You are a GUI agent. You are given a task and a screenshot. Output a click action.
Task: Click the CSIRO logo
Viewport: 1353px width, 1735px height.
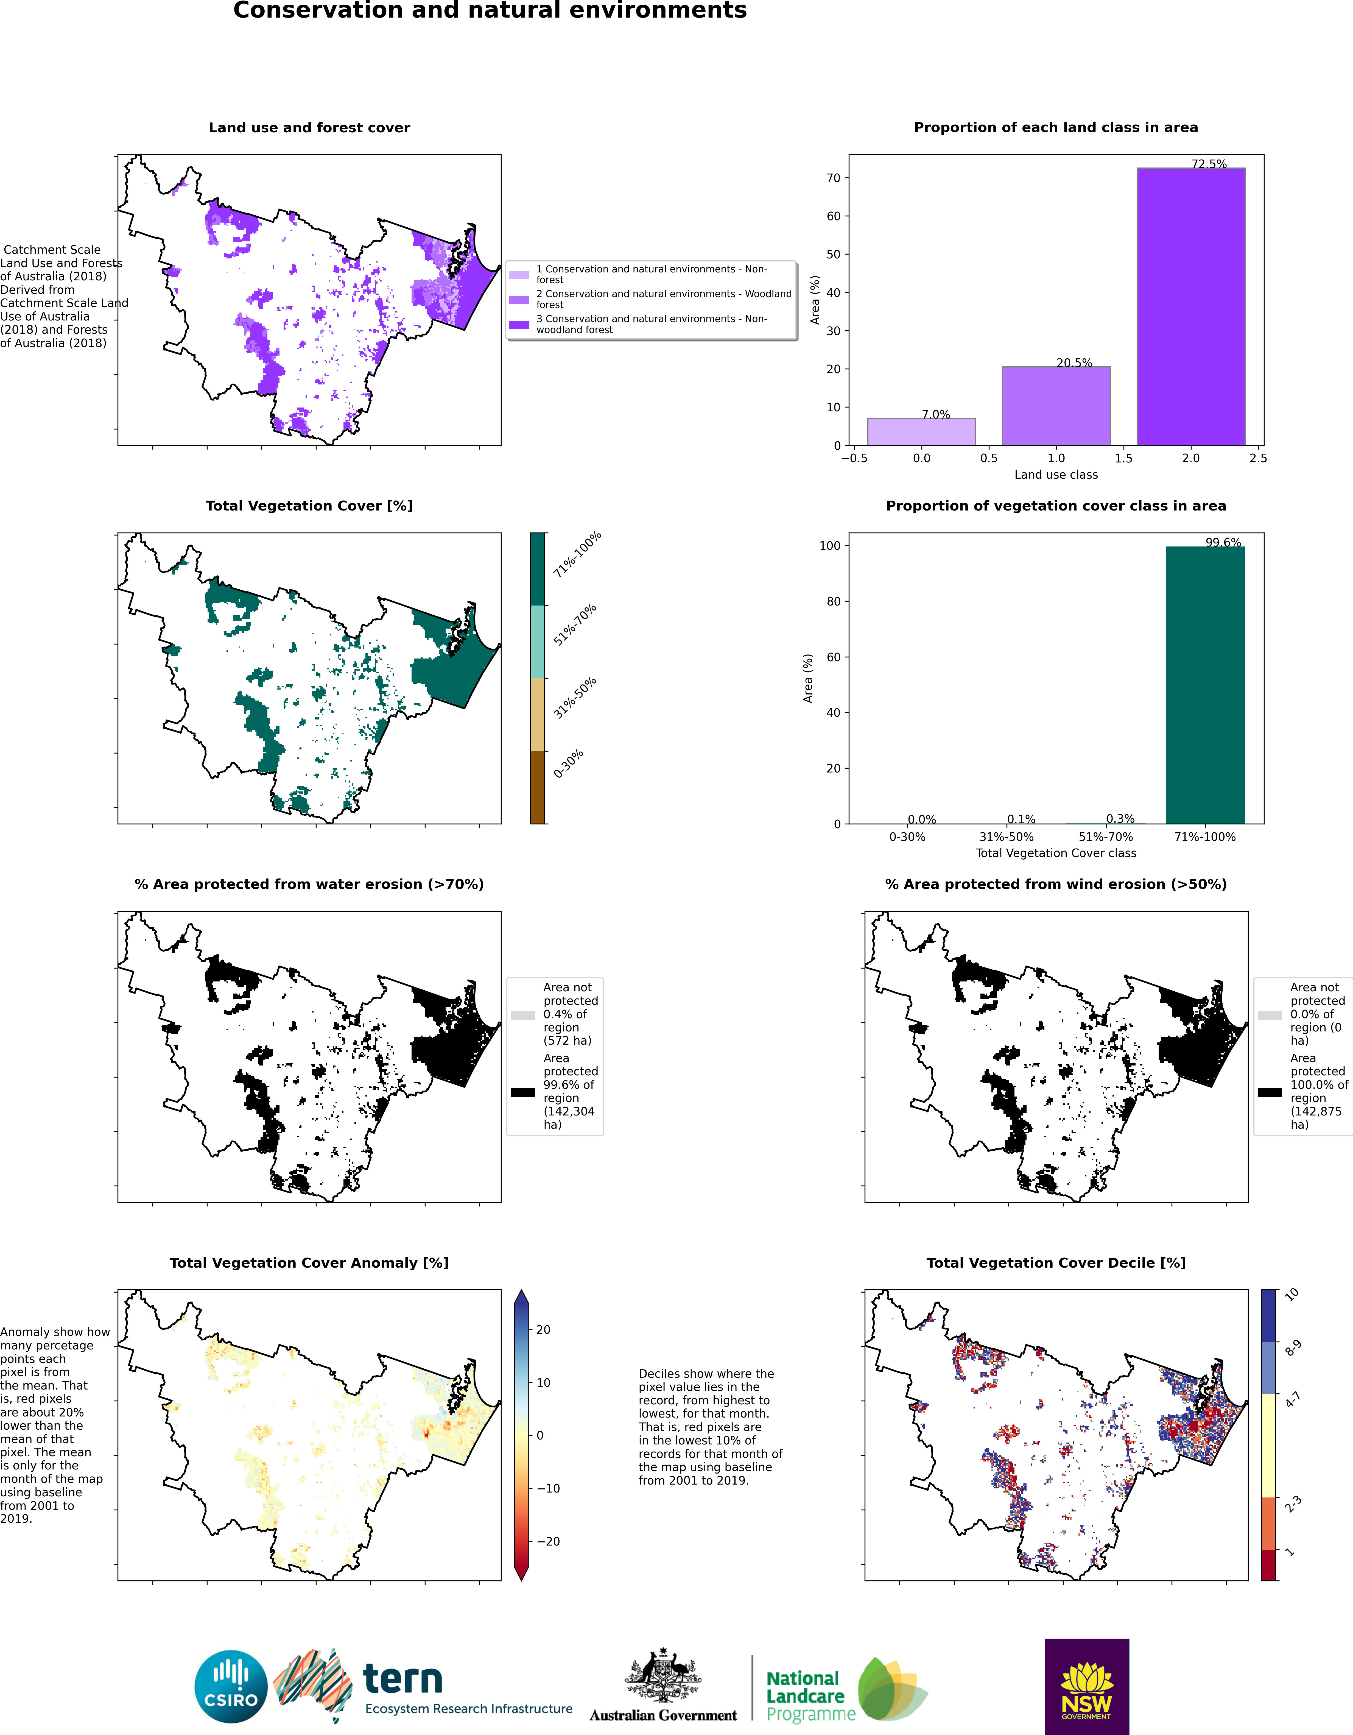pyautogui.click(x=231, y=1687)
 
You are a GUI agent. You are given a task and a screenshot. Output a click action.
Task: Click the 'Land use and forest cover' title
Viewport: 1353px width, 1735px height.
pyautogui.click(x=309, y=128)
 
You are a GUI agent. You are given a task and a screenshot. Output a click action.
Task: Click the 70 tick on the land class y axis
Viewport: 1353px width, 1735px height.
pyautogui.click(x=833, y=178)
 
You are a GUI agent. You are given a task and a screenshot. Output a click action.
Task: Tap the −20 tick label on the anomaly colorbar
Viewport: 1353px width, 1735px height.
pyautogui.click(x=548, y=1541)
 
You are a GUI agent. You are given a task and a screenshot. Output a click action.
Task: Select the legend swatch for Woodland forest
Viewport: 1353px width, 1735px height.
pyautogui.click(x=519, y=300)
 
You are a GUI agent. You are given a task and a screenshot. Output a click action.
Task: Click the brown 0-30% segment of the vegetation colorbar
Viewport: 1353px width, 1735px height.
pyautogui.click(x=538, y=787)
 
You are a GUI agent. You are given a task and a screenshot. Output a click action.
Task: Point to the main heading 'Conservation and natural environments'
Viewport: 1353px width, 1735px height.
pyautogui.click(x=490, y=11)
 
